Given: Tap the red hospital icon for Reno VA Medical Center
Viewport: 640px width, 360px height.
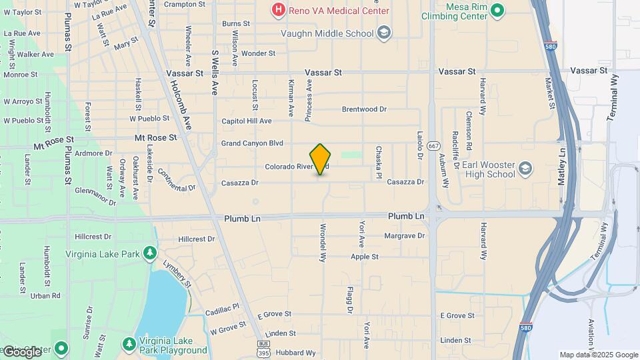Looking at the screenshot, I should pos(278,10).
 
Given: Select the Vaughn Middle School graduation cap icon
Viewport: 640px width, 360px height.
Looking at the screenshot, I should pos(383,32).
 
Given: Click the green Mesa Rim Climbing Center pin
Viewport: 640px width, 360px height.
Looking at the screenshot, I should pos(497,10).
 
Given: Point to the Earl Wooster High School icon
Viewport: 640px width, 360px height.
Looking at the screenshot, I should pos(525,167).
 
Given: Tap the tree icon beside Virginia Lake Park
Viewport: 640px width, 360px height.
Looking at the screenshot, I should pos(150,253).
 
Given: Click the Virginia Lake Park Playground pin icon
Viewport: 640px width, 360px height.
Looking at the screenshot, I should pos(130,344).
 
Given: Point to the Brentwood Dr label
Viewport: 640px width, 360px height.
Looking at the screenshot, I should pos(363,109).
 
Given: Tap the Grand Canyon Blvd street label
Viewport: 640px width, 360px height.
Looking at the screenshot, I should pos(252,143).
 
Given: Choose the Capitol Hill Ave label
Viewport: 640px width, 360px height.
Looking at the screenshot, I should pos(247,121).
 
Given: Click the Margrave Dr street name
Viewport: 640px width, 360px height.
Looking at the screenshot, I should pos(404,236).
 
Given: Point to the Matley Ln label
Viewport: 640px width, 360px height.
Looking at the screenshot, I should pos(563,161).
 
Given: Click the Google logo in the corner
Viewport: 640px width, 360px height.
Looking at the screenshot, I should pos(22,351).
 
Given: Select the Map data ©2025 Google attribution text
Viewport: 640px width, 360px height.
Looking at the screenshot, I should pos(598,355).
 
